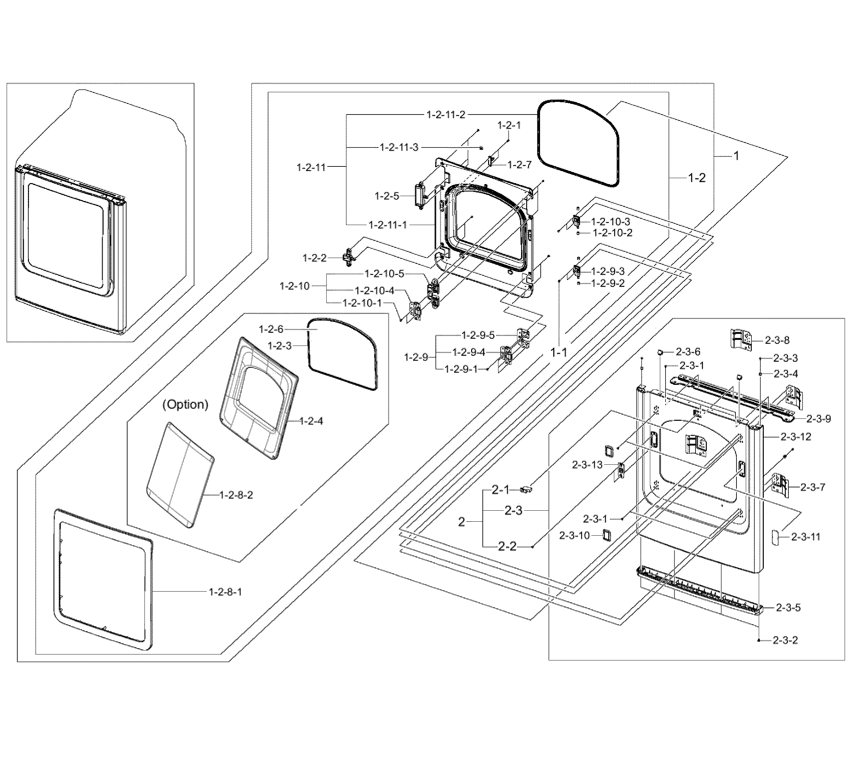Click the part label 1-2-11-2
(x=446, y=115)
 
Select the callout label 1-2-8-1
(x=225, y=592)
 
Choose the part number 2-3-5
(x=788, y=608)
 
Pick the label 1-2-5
(x=387, y=196)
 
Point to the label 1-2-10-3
(x=611, y=222)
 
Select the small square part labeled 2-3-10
(x=607, y=535)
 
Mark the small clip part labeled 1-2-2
(x=348, y=257)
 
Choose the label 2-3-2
(x=785, y=640)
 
